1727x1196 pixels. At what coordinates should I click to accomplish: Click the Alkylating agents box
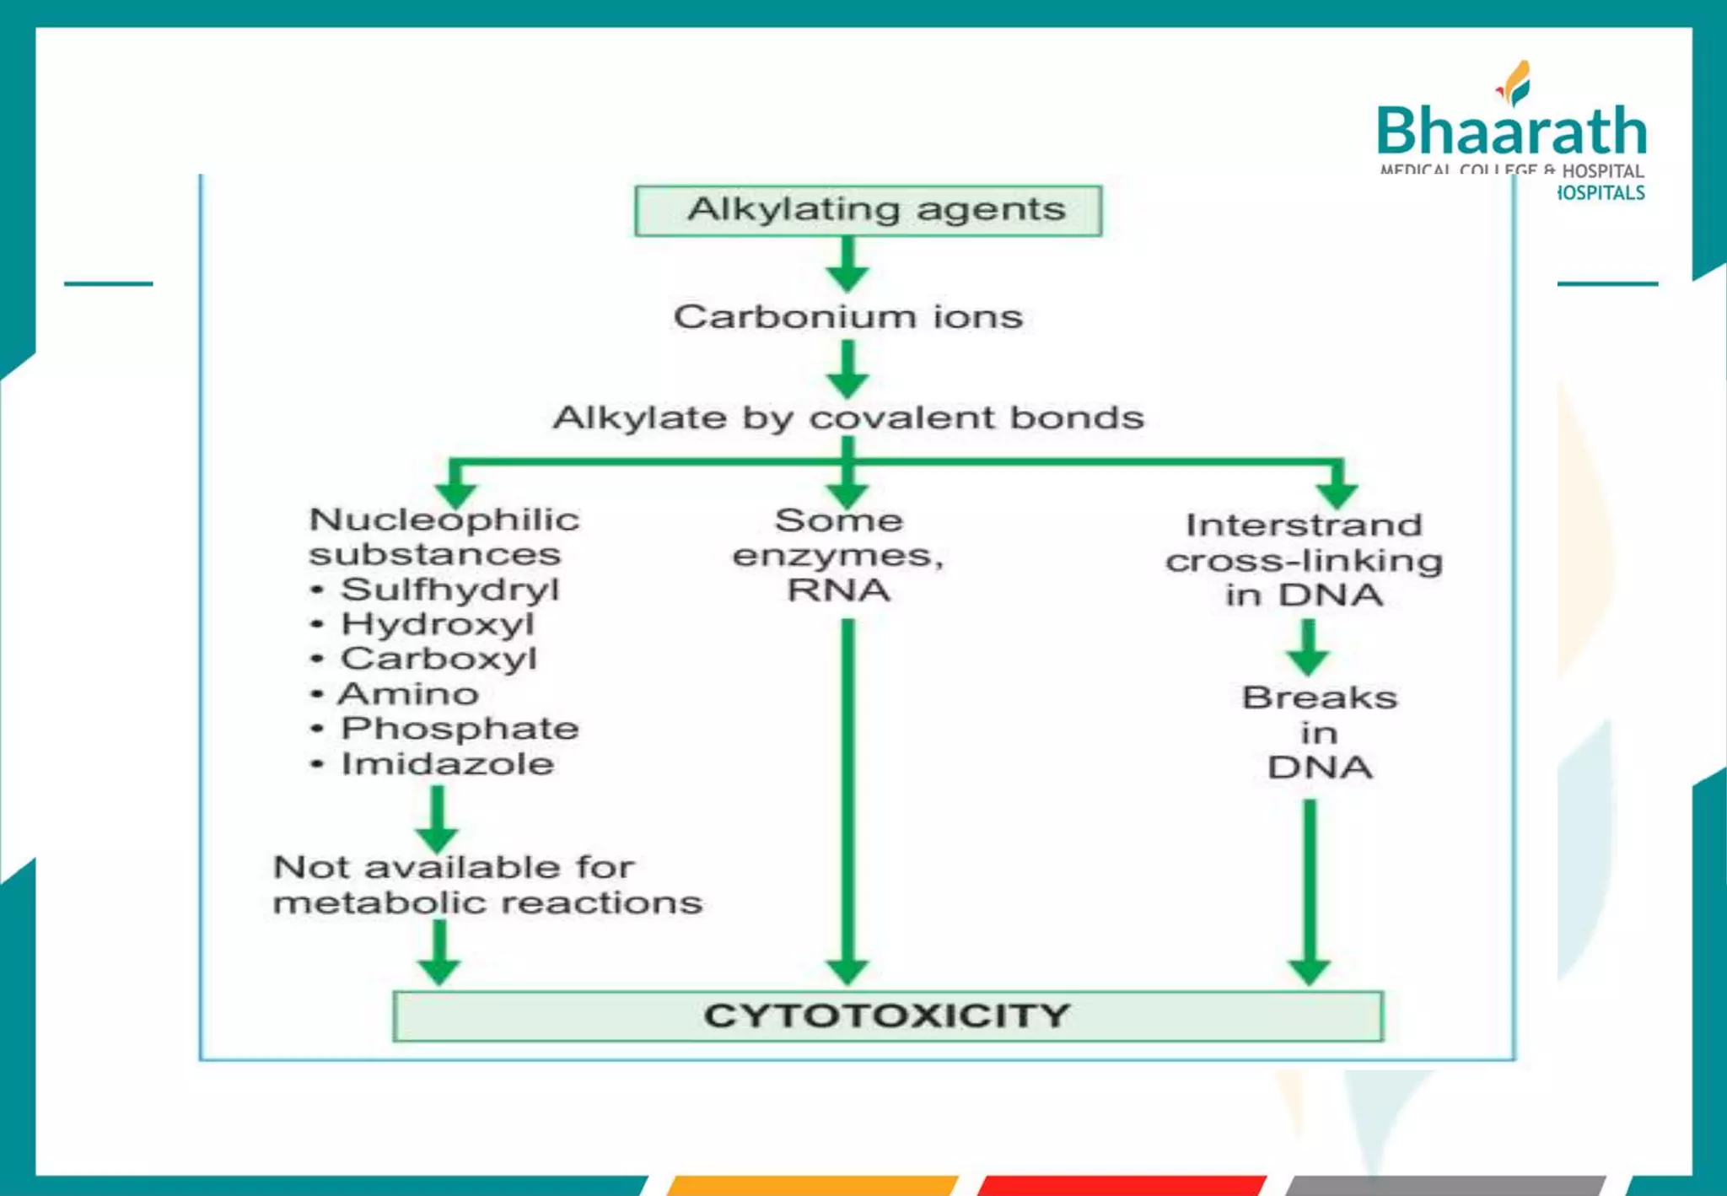(868, 210)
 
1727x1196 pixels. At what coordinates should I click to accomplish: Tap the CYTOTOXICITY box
(887, 1016)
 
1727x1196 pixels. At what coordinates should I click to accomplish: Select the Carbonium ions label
(847, 317)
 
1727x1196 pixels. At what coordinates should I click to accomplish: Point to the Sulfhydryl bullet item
(449, 590)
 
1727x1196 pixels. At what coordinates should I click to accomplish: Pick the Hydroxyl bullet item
(437, 625)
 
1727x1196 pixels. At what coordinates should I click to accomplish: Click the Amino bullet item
(408, 694)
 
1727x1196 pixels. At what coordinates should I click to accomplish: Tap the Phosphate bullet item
(459, 729)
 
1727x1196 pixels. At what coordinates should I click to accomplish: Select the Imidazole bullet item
(447, 764)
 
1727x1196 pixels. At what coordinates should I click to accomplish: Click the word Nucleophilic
(444, 520)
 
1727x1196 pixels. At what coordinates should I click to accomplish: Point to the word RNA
(838, 590)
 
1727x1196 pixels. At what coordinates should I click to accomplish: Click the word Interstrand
(1304, 525)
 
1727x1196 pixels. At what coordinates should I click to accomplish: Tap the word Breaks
(1319, 698)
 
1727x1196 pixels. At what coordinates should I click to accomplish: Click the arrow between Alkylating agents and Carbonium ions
(847, 263)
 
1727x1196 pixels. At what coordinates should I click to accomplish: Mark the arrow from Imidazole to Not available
(437, 818)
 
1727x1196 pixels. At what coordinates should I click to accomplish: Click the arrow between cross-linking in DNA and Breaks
(1308, 647)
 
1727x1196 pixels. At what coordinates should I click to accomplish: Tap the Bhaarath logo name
(1511, 132)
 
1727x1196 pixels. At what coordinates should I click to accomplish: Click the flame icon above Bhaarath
(1515, 83)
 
